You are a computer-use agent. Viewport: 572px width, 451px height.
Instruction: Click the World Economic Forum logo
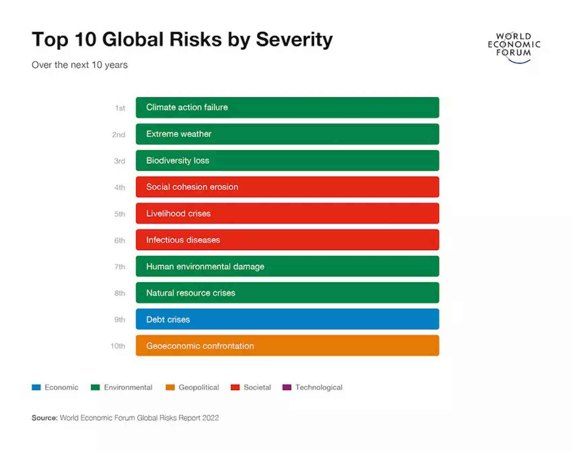point(514,47)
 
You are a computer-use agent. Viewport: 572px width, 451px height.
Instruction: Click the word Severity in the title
point(294,40)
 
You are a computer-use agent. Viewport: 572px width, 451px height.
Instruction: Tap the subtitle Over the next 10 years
point(79,65)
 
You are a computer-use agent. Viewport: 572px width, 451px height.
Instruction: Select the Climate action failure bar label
point(187,107)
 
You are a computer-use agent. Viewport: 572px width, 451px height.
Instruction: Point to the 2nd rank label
point(119,134)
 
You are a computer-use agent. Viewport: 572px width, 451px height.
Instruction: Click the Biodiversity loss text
point(178,161)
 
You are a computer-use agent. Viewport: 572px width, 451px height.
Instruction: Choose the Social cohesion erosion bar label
point(192,187)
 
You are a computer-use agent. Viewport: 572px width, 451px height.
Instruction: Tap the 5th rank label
point(120,214)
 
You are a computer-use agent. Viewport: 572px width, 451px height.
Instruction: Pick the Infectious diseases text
point(183,240)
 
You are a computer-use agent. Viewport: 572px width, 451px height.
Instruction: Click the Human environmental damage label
point(205,266)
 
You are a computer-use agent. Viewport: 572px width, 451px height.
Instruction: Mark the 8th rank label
point(120,293)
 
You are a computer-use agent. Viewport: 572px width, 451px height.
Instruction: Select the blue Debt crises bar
point(287,319)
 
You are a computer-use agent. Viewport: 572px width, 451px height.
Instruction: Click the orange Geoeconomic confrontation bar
point(287,345)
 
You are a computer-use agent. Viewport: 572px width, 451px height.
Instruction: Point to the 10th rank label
point(118,346)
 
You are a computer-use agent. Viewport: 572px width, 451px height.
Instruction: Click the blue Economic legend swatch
point(36,387)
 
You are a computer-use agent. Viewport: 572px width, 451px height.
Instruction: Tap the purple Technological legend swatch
point(287,387)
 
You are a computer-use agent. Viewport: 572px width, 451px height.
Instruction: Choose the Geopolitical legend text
point(199,387)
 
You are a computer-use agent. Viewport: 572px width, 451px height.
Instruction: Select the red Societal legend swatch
point(235,387)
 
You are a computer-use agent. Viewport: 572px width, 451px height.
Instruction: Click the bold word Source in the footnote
point(44,418)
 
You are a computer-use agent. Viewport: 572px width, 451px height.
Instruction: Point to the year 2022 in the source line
point(210,418)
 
